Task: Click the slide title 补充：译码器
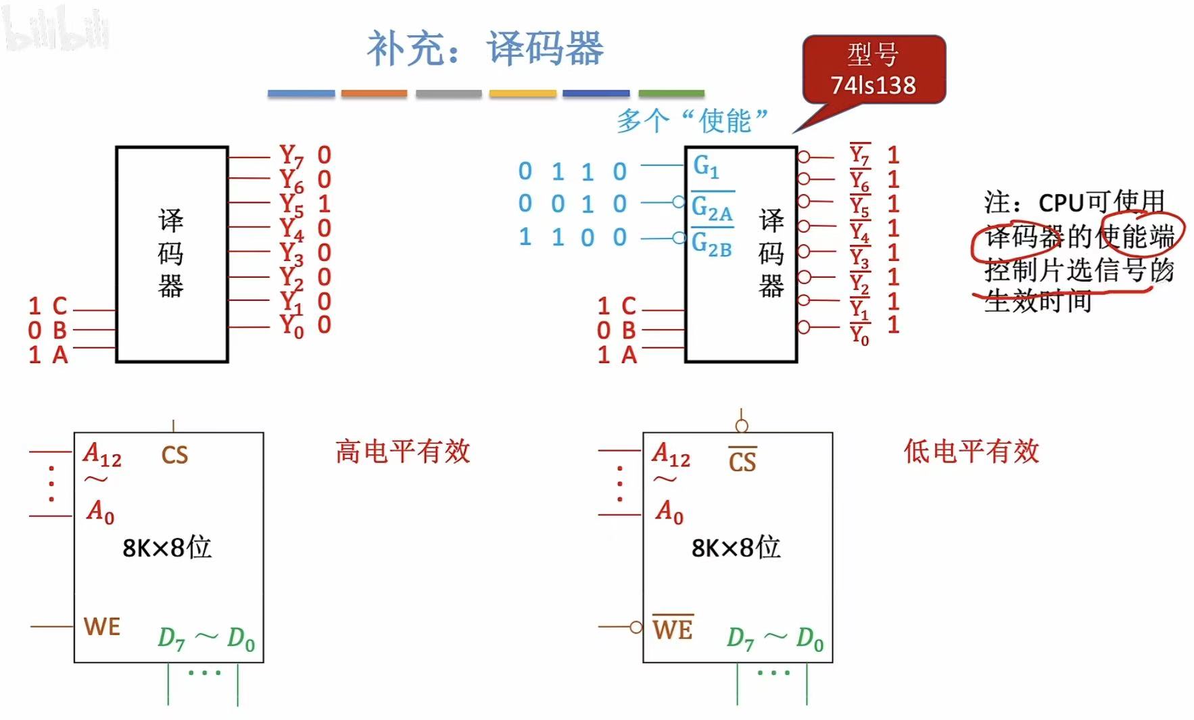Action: tap(485, 49)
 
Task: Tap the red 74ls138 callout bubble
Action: tap(874, 70)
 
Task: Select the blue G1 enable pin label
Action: tap(706, 166)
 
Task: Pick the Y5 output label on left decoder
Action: tap(291, 204)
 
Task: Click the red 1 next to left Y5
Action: tap(324, 203)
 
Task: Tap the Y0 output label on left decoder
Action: tap(291, 326)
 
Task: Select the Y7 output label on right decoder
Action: tap(859, 156)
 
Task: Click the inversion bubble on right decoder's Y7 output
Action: tap(803, 157)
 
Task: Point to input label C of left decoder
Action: tap(59, 306)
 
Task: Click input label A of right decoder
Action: tap(629, 355)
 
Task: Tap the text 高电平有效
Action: tap(402, 452)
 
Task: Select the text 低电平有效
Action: tap(971, 452)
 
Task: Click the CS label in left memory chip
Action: tap(174, 455)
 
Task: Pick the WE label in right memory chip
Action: tap(673, 629)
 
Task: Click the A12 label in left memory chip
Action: tap(102, 454)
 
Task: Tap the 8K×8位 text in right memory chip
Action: tap(736, 548)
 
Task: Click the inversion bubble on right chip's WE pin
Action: tap(636, 627)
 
